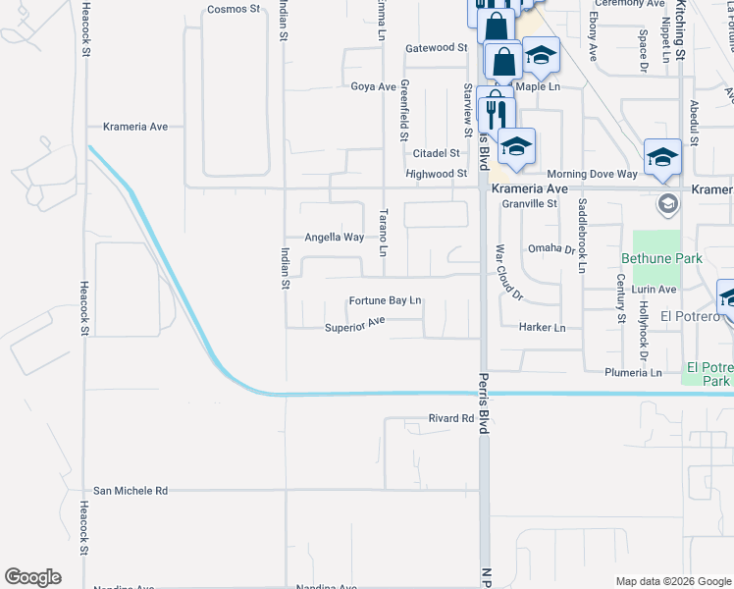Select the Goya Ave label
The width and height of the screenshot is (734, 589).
(x=373, y=86)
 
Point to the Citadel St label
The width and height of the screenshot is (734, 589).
(x=436, y=153)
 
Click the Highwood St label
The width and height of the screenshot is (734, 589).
(x=436, y=174)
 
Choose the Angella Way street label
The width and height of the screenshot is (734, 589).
(x=335, y=238)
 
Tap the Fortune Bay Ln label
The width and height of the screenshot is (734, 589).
(x=385, y=299)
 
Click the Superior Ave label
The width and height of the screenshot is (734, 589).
(x=355, y=325)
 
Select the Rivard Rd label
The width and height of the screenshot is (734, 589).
(x=451, y=418)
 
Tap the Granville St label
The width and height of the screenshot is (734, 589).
(x=529, y=204)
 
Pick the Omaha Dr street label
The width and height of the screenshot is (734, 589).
(x=551, y=248)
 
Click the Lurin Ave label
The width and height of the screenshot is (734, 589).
(x=655, y=290)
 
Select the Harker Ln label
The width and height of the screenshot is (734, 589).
(x=543, y=327)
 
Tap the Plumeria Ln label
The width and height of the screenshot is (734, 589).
(x=634, y=373)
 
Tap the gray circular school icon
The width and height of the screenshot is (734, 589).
(x=668, y=204)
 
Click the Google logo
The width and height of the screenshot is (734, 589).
(x=32, y=577)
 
